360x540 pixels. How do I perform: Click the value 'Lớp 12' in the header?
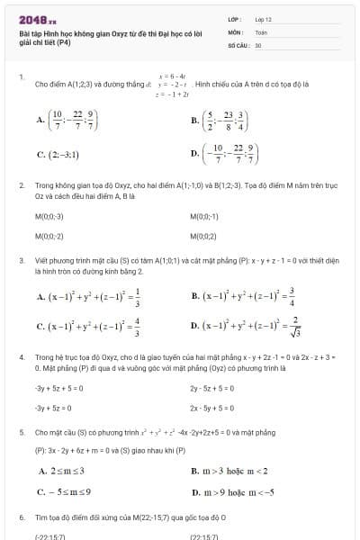[264, 18]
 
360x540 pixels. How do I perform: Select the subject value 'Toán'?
[262, 31]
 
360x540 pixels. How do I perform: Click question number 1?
[21, 77]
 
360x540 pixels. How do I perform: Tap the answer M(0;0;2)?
[204, 236]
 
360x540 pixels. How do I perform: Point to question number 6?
[21, 518]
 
